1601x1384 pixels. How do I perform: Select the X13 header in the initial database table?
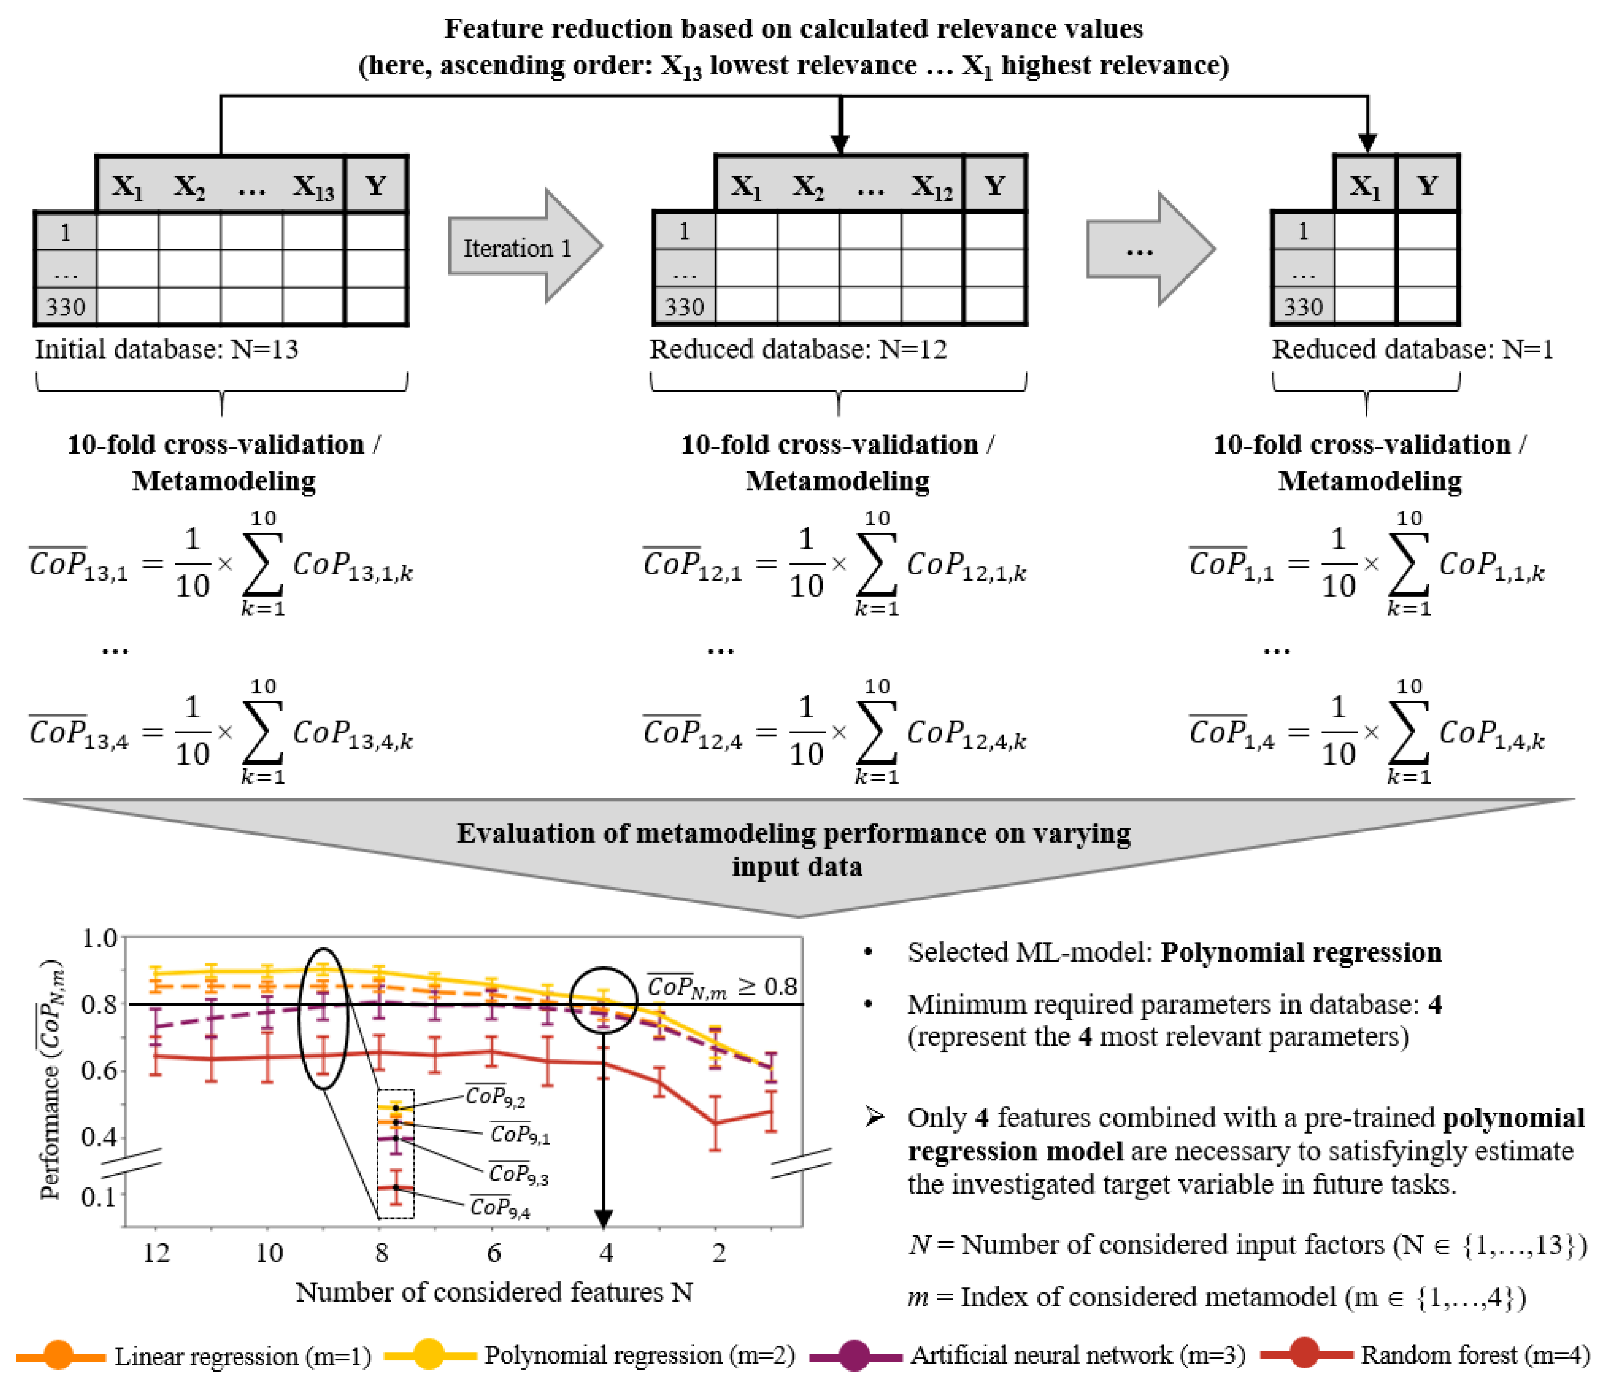(x=313, y=186)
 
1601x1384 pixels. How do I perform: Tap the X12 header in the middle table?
(x=932, y=186)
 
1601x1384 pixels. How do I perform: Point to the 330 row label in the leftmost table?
(x=65, y=307)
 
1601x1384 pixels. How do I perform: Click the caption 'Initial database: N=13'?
(x=166, y=349)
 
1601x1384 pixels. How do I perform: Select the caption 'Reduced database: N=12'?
(x=797, y=349)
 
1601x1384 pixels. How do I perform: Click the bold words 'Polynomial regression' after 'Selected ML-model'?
(x=1301, y=952)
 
